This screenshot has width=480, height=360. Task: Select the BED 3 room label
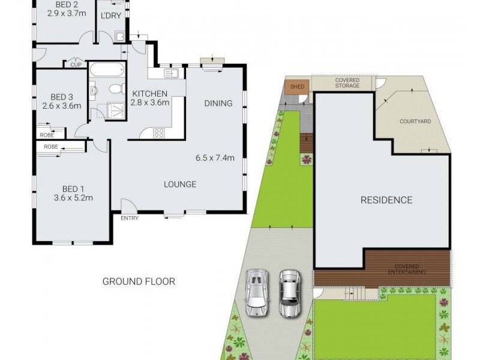click(62, 97)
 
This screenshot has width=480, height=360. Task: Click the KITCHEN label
click(150, 93)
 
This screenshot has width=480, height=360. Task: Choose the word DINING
click(218, 103)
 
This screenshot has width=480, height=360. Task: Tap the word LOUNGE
click(180, 184)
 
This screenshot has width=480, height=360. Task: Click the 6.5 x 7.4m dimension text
click(215, 159)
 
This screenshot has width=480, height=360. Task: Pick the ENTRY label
click(129, 218)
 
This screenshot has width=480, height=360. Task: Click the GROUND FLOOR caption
click(139, 281)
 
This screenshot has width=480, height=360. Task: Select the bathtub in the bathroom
click(107, 70)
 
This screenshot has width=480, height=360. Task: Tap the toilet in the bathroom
click(115, 89)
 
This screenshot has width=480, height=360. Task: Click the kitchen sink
click(172, 73)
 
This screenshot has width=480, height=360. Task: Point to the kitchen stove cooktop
click(160, 133)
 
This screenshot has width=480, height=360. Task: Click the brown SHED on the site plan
click(297, 86)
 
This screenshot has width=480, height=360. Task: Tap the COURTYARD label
click(415, 121)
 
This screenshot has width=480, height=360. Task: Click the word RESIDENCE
click(386, 200)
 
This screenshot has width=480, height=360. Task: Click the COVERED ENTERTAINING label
click(407, 269)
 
